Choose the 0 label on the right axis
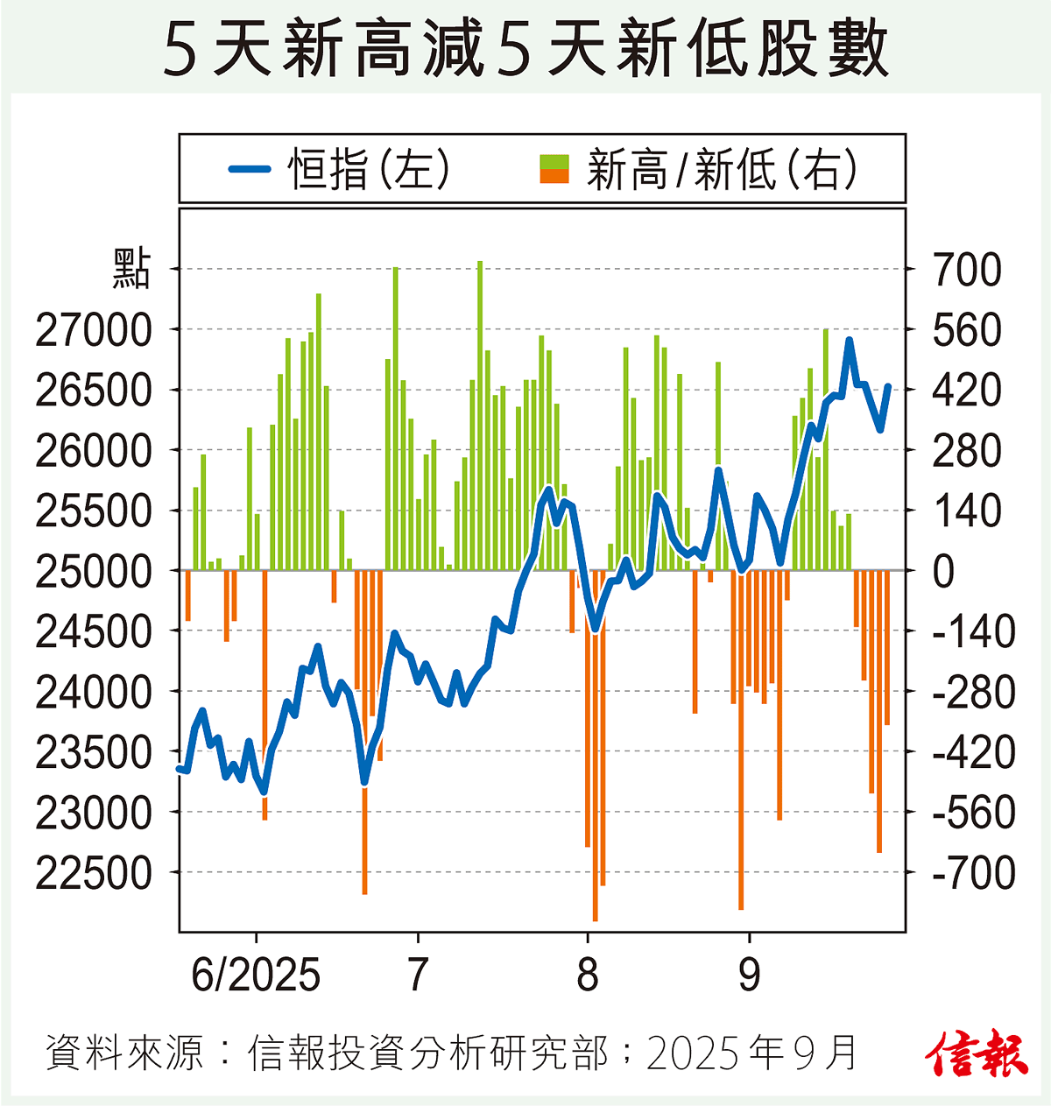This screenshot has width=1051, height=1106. coord(943,572)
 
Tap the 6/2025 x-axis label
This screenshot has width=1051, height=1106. coord(256,975)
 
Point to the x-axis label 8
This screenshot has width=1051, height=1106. coord(588,975)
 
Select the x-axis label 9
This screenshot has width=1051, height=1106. coord(749,975)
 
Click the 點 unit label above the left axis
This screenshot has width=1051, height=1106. coord(131,269)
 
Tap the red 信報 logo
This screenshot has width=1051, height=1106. coord(976,1053)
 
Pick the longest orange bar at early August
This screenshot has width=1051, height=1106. coord(596,744)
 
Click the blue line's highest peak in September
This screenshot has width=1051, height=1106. coord(849,340)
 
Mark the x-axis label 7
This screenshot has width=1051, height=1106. coord(418,975)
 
